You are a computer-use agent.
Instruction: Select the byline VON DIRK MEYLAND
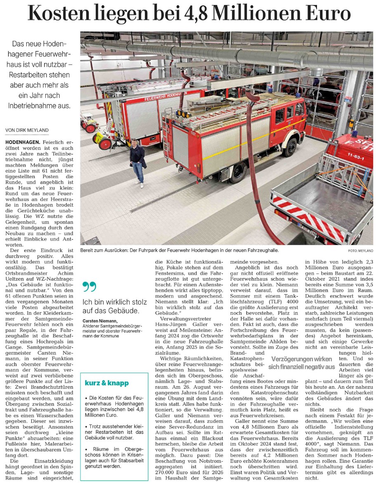pyautogui.click(x=27, y=130)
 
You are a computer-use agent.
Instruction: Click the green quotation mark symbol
pyautogui.click(x=88, y=286)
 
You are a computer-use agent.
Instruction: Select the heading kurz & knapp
pyautogui.click(x=106, y=383)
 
